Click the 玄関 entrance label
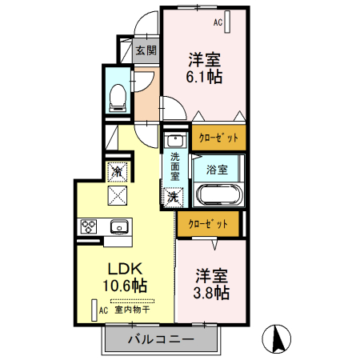(x=146, y=51)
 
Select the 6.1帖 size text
(x=205, y=78)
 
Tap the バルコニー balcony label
(x=160, y=339)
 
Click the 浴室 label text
(x=216, y=170)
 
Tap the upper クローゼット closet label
(x=218, y=138)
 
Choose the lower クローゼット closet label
(x=208, y=225)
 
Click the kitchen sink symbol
(x=118, y=226)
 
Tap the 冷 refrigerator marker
(x=117, y=170)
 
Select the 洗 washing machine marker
(x=173, y=196)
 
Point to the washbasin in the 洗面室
(x=175, y=142)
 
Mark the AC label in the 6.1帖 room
(x=218, y=23)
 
